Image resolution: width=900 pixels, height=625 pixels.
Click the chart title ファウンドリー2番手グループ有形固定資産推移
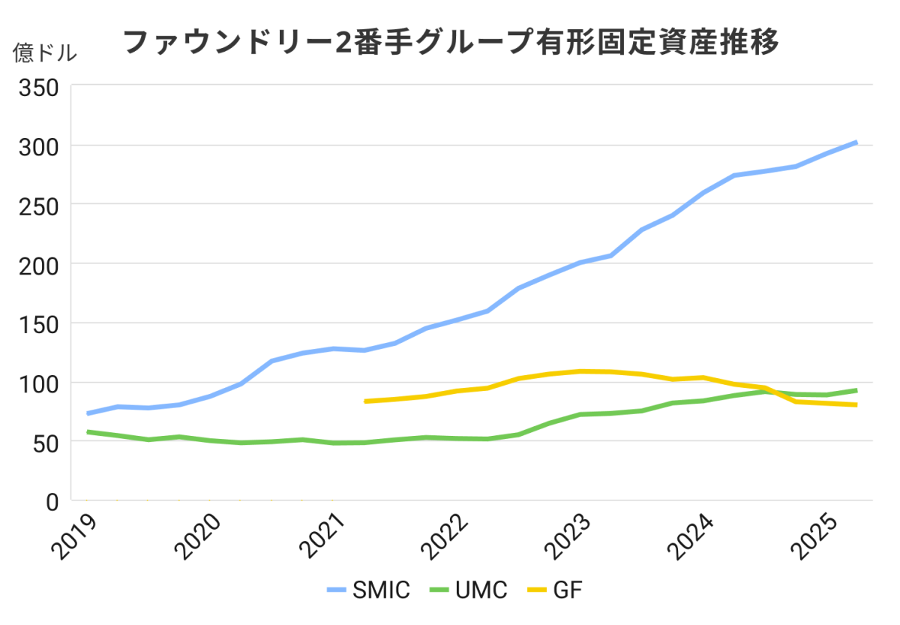(450, 42)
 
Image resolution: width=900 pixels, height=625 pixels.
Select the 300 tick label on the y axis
(38, 146)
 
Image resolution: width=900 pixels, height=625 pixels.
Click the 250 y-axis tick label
(38, 205)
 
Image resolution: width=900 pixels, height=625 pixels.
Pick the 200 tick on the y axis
(38, 264)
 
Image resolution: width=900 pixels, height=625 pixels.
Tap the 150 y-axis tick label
(38, 323)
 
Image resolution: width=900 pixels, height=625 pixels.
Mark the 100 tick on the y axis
(38, 383)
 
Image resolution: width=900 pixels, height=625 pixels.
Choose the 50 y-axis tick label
(45, 442)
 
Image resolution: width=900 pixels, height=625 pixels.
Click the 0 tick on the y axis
(51, 501)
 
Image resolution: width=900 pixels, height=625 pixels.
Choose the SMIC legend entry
(369, 590)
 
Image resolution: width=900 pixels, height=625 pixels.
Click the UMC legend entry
(468, 590)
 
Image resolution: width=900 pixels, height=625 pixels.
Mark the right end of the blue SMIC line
(856, 142)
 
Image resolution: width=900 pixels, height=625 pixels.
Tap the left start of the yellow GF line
(365, 401)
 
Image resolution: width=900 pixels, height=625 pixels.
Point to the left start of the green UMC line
(88, 431)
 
